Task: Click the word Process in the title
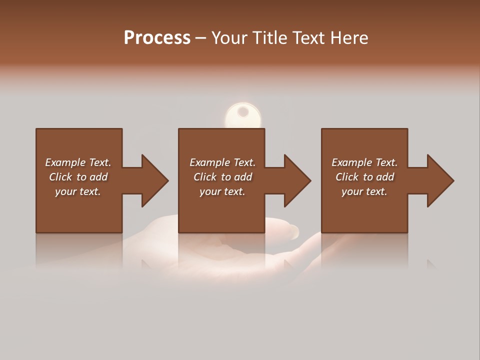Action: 157,38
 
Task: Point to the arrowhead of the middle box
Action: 296,180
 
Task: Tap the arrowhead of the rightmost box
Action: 439,180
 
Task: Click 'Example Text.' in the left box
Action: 78,162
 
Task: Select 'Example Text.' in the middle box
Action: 222,162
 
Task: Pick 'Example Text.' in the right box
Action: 364,162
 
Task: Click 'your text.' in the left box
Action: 78,191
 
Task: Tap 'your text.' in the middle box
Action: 222,191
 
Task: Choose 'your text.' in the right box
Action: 364,191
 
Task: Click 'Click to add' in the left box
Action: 78,177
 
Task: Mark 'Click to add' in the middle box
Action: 222,177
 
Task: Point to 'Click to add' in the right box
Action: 364,177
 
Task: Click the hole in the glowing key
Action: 243,111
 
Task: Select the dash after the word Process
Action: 200,38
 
